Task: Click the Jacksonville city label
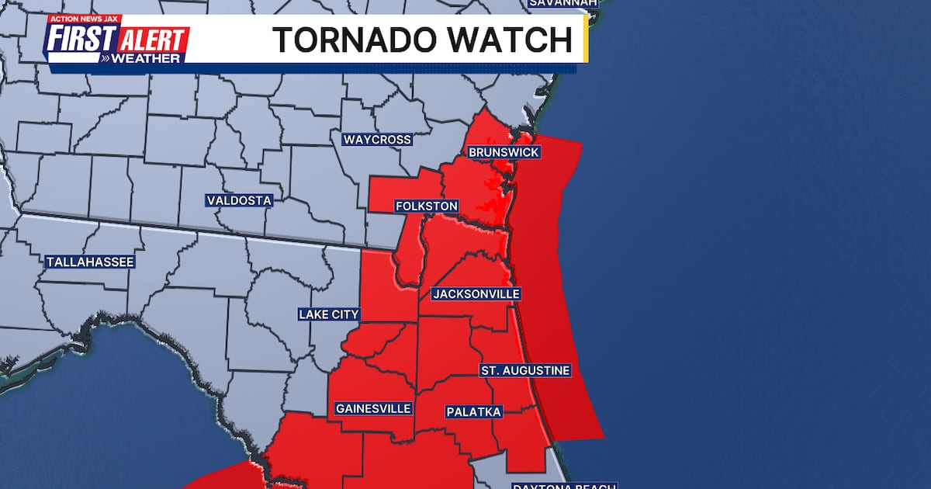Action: point(476,294)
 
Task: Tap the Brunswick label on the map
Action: point(504,152)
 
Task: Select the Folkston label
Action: point(426,206)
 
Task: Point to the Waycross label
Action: point(377,140)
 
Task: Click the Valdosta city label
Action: point(239,200)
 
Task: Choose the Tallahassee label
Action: point(90,262)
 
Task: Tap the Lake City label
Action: point(329,314)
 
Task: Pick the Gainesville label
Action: point(373,408)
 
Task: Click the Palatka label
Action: point(474,411)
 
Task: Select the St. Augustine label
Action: point(525,370)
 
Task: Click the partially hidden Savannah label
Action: point(563,3)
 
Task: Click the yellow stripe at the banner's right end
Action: point(585,40)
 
